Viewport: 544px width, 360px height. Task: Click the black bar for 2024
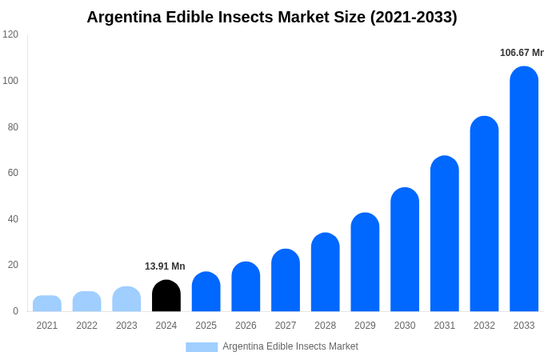click(166, 296)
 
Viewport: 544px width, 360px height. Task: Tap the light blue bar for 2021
click(47, 304)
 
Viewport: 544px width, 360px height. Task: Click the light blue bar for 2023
click(126, 299)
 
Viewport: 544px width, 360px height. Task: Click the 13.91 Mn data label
click(165, 266)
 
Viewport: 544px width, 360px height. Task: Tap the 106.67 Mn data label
click(522, 53)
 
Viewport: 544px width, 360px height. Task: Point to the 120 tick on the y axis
click(10, 34)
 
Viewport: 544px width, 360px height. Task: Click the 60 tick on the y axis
click(13, 173)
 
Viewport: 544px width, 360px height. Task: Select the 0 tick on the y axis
click(15, 311)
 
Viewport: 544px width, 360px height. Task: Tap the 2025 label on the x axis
click(206, 326)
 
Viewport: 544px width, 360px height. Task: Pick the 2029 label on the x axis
click(365, 326)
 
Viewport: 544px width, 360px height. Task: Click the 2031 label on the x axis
click(444, 326)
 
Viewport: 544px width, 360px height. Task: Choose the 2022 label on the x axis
click(86, 326)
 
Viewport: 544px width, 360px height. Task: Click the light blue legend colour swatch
click(202, 347)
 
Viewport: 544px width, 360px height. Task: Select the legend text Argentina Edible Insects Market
click(290, 346)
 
